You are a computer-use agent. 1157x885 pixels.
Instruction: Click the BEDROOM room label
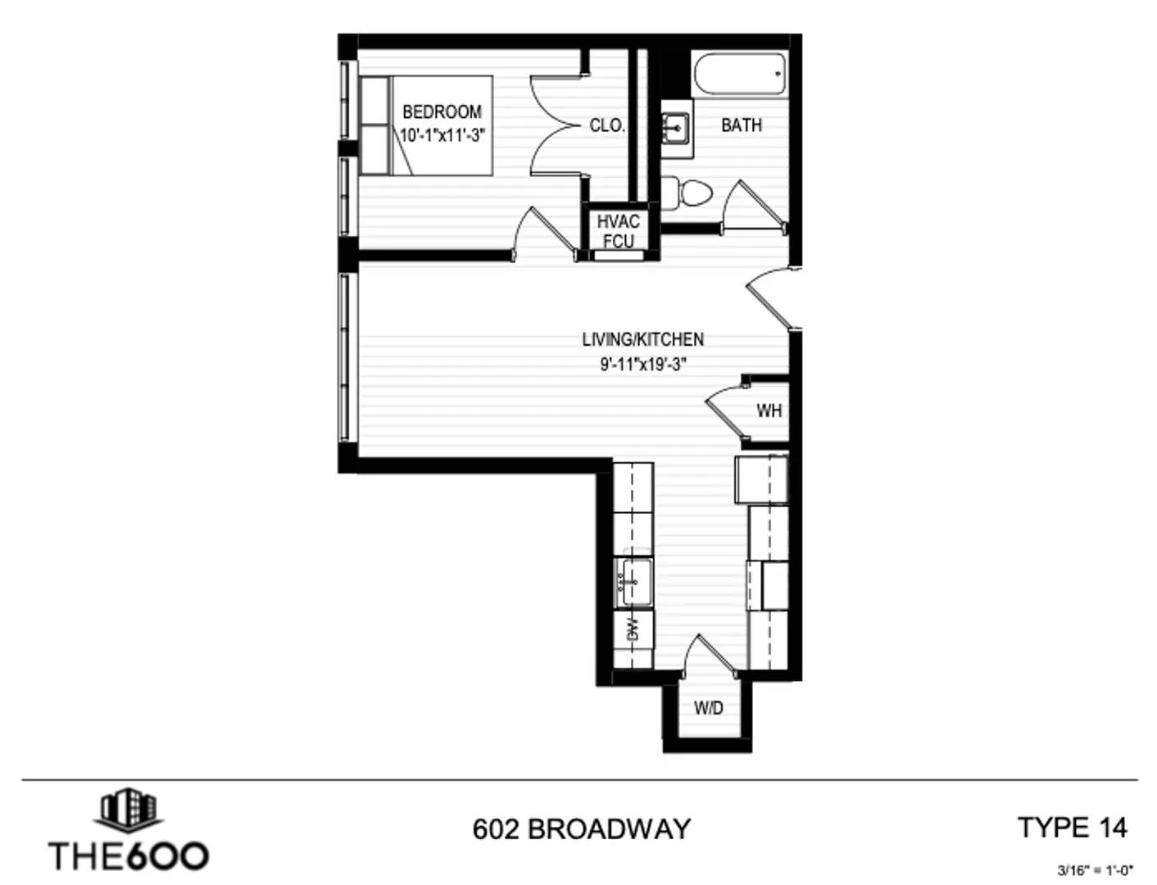[442, 111]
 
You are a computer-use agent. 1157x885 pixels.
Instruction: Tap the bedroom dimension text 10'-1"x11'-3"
[442, 135]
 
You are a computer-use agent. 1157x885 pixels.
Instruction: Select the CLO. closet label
[606, 125]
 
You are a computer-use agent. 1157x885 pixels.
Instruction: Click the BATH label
[741, 125]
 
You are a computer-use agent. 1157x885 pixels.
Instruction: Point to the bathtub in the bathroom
[740, 75]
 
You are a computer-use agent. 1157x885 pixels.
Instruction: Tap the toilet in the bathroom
[687, 192]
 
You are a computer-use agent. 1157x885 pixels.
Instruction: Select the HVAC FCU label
[619, 231]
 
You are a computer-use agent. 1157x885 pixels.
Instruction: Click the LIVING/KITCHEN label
[642, 339]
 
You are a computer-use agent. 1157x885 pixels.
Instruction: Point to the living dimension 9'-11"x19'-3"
[643, 364]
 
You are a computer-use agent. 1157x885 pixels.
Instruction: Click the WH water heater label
[769, 411]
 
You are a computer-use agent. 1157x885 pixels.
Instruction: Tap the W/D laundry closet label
[709, 707]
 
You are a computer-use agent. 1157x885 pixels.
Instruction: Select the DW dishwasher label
[633, 629]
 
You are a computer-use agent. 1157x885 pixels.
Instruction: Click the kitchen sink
[635, 582]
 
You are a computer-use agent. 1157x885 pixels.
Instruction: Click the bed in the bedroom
[426, 125]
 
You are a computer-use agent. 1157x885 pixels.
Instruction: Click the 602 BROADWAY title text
[581, 828]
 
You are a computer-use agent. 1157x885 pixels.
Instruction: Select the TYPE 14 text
[1072, 827]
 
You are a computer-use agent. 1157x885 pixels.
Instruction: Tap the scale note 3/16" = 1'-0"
[1096, 869]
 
